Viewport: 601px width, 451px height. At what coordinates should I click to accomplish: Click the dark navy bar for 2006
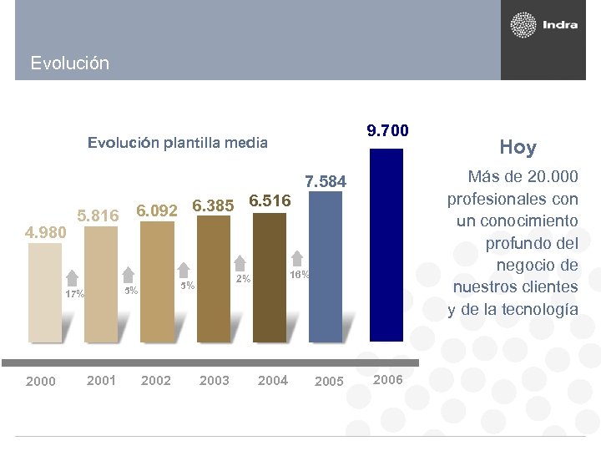(x=386, y=244)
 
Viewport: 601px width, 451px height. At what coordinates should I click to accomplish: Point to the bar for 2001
(x=101, y=285)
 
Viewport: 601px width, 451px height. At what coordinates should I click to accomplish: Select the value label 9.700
(x=387, y=130)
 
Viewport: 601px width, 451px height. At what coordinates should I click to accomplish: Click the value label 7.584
(x=326, y=181)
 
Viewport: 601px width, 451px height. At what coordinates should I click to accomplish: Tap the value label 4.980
(x=45, y=231)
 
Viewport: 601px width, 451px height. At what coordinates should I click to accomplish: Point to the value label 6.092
(x=157, y=210)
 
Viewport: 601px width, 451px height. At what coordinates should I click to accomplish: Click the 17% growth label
(x=75, y=294)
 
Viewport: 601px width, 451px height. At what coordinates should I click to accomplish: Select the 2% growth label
(x=243, y=278)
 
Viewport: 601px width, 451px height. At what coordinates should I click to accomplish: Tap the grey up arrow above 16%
(x=297, y=259)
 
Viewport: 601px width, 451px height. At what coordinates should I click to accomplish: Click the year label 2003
(x=215, y=380)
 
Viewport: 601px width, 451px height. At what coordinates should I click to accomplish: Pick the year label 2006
(x=387, y=379)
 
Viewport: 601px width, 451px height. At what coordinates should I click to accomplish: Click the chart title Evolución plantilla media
(x=178, y=143)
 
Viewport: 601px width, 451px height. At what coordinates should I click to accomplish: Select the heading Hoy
(x=518, y=148)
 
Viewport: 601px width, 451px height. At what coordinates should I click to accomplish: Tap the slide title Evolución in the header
(x=69, y=63)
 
